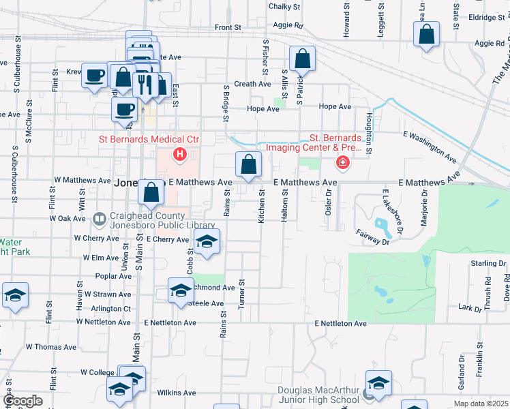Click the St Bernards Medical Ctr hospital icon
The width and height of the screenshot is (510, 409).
tap(180, 155)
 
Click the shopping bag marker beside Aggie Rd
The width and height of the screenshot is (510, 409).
tap(426, 34)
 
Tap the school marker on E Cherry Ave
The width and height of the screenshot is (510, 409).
tap(207, 241)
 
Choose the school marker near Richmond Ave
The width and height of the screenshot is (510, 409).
tap(181, 290)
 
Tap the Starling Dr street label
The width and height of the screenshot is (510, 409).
tap(488, 262)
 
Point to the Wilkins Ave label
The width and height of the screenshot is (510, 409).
tap(177, 393)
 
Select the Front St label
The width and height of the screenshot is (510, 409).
tap(228, 28)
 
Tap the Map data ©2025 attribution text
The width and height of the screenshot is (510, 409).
tap(480, 404)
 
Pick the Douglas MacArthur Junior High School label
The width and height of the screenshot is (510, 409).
tap(318, 395)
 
